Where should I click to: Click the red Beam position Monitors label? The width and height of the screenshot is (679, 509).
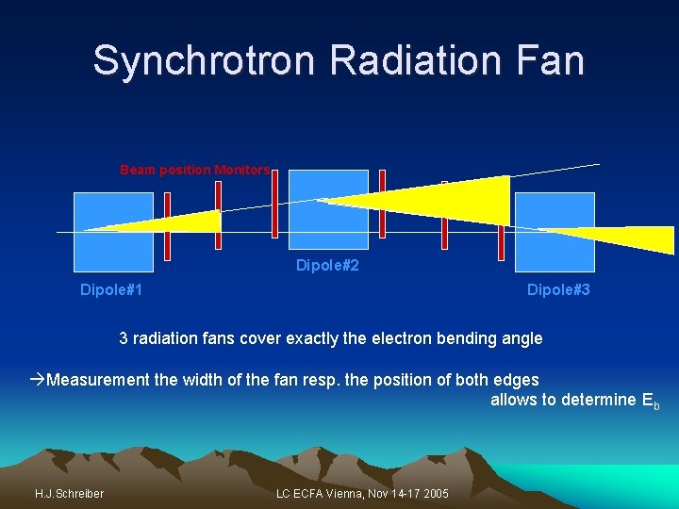(194, 171)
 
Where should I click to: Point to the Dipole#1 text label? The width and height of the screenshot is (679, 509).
(111, 290)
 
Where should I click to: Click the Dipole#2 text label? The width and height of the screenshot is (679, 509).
(327, 266)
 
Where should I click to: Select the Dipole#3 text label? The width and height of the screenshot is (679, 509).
(558, 290)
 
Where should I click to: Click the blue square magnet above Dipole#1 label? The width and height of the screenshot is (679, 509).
(112, 232)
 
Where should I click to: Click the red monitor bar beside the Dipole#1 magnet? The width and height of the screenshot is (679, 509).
(167, 226)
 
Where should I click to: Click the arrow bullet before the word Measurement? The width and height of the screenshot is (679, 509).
(37, 380)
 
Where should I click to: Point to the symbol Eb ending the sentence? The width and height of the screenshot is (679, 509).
(650, 401)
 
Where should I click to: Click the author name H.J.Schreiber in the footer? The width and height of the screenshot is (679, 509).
(69, 494)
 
